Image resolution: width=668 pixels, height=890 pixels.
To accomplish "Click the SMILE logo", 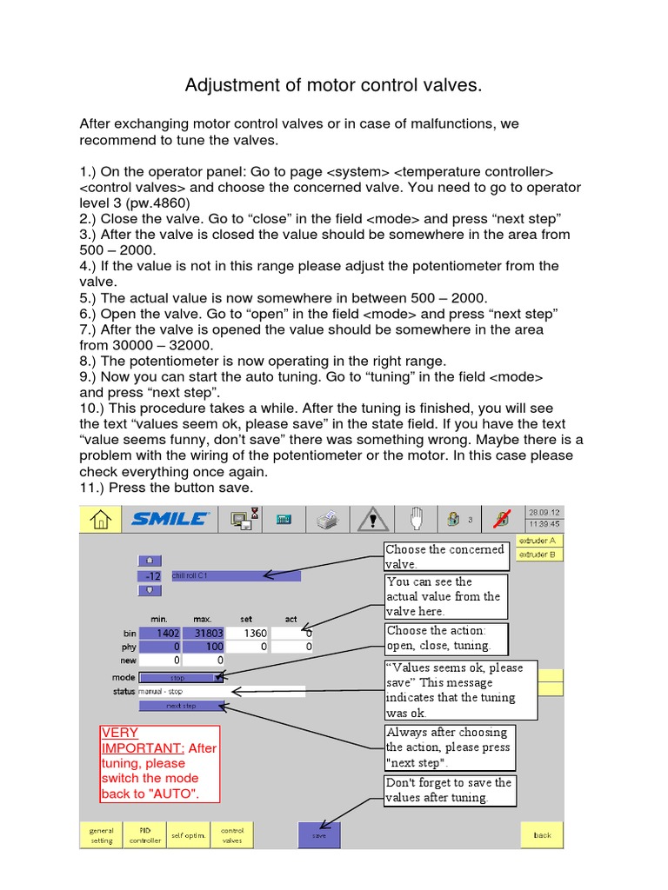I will pyautogui.click(x=170, y=519).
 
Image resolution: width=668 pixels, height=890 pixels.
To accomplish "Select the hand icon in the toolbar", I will pyautogui.click(x=416, y=519).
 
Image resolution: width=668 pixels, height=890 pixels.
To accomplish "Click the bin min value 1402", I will pyautogui.click(x=160, y=634).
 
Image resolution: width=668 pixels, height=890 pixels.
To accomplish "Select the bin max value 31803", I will pyautogui.click(x=203, y=634).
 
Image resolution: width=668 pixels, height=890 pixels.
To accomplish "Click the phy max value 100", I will pyautogui.click(x=203, y=648).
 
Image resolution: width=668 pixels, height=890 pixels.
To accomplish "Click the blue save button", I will pyautogui.click(x=318, y=835).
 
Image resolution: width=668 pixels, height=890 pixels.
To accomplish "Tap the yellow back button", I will pyautogui.click(x=542, y=835).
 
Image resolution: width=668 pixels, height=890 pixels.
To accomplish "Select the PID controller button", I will pyautogui.click(x=144, y=835).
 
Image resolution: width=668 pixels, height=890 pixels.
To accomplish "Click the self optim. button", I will pyautogui.click(x=188, y=835).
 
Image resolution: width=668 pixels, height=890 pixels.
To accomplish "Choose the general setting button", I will pyautogui.click(x=101, y=835).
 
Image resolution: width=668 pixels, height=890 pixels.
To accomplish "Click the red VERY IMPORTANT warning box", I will pyautogui.click(x=159, y=764).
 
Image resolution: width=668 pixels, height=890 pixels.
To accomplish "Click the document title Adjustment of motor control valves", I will pyautogui.click(x=333, y=85).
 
